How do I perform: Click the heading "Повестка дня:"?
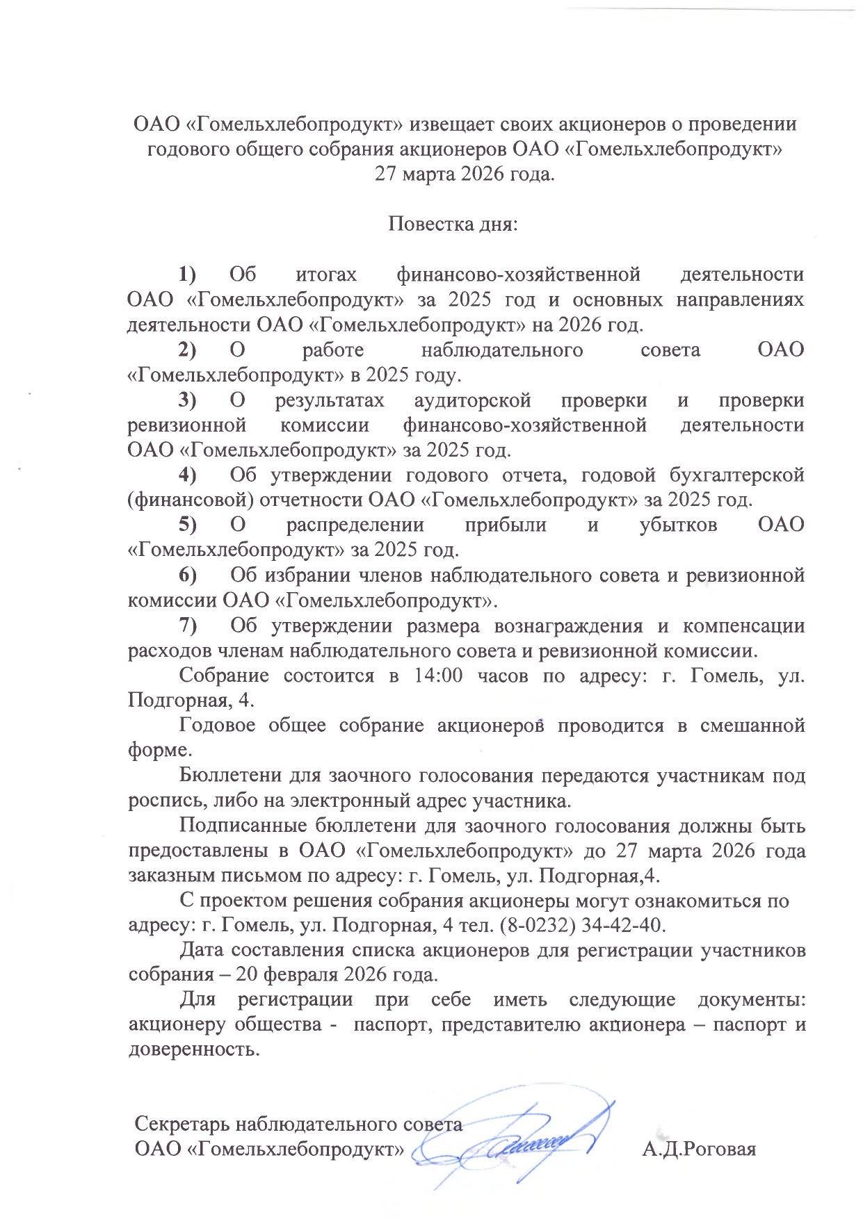[x=453, y=224]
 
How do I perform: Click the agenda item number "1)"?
[x=188, y=275]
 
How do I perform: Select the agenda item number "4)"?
[x=188, y=475]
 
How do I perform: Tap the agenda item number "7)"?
[x=188, y=626]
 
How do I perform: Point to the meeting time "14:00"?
[x=438, y=676]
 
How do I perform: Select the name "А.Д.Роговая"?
[x=699, y=1149]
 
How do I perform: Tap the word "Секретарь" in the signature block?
[x=183, y=1124]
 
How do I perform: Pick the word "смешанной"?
[x=752, y=726]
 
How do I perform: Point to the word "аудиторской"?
[x=472, y=400]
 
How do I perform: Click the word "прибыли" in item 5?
[x=506, y=525]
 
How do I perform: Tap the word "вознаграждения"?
[x=568, y=626]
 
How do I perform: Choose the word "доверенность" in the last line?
[x=193, y=1049]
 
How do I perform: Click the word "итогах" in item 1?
[x=326, y=275]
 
